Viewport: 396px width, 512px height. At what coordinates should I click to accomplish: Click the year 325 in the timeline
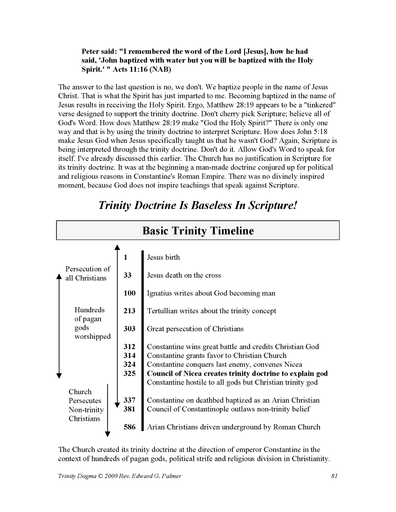(x=130, y=374)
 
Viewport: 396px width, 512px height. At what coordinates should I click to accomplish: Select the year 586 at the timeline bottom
(x=130, y=427)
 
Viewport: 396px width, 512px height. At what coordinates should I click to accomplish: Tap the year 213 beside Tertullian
(x=130, y=311)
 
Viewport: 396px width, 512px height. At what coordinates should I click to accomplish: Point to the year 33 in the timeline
(x=127, y=276)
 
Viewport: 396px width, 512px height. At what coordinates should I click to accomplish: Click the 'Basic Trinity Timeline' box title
(x=198, y=231)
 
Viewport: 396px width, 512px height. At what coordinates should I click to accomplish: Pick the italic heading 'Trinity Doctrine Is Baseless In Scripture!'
(x=198, y=205)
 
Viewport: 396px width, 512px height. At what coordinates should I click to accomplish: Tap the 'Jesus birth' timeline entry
(x=163, y=257)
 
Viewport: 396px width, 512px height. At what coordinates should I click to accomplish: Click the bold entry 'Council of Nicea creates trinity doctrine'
(x=237, y=374)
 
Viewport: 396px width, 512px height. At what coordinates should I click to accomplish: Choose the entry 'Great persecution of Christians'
(x=195, y=329)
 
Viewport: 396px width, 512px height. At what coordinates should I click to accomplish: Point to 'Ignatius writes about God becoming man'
(x=211, y=293)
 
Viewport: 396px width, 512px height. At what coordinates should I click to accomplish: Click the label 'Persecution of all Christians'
(x=88, y=274)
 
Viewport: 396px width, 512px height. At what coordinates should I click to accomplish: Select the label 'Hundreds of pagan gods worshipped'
(x=92, y=323)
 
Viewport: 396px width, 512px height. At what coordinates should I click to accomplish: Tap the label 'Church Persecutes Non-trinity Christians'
(x=86, y=405)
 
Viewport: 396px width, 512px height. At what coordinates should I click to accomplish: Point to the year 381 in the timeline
(x=130, y=409)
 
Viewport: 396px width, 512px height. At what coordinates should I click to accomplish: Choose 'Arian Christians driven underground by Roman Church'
(x=233, y=427)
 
